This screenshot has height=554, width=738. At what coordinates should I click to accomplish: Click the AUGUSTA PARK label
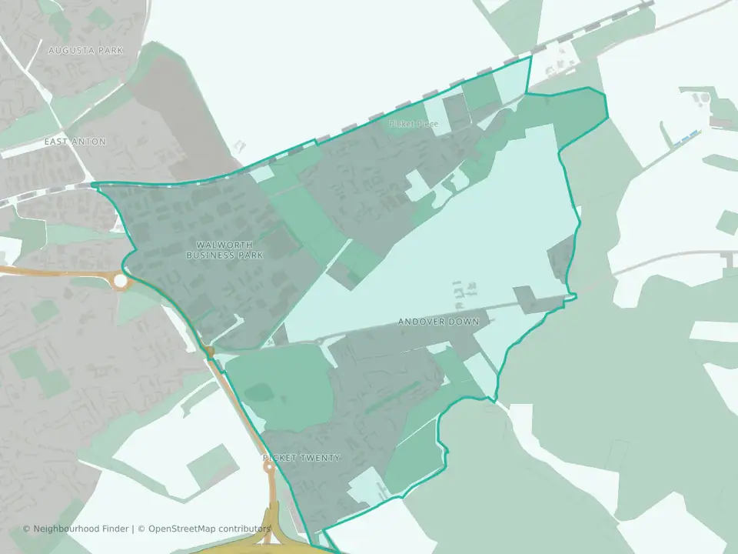pos(85,51)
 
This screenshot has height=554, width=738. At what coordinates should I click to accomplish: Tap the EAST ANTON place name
pos(75,142)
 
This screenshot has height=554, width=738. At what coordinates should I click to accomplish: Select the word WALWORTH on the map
pos(224,245)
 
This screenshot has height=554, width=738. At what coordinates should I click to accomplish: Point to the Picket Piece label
pos(414,123)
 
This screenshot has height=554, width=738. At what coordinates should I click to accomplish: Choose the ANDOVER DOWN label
pos(438,322)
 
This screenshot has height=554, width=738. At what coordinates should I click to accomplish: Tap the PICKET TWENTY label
pos(301,458)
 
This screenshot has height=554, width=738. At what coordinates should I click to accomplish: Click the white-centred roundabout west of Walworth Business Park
pos(121,282)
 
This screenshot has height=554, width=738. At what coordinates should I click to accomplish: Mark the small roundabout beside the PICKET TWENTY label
pos(269,466)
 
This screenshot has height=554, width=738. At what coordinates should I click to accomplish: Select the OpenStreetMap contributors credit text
pos(209,529)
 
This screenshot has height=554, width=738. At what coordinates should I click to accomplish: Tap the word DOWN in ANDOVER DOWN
pos(464,322)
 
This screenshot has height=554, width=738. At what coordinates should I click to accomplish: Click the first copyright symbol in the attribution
pos(27,529)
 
